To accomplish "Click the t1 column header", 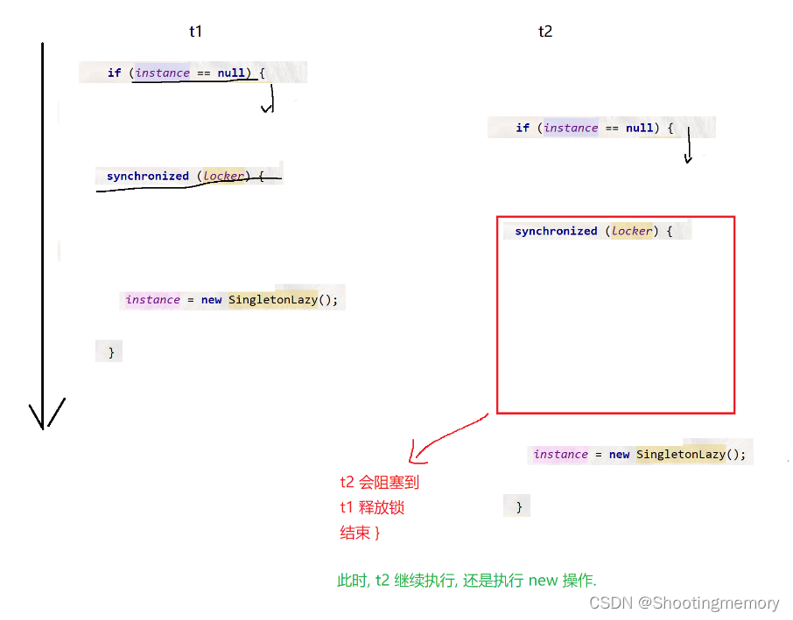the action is coord(195,31).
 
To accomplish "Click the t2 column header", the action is coord(545,31).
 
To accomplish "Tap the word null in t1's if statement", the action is coord(231,73).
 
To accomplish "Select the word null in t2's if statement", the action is coord(640,128).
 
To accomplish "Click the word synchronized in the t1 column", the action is coord(147,177).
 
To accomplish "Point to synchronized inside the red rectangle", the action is coord(556,232).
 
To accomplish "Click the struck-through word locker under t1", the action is coord(223,177).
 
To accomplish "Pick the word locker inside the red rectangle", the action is coord(632,232).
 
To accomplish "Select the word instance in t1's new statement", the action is coord(152,300).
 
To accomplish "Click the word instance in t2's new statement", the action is coord(560,455).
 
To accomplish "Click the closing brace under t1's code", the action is coord(110,352).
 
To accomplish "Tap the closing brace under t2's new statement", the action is coord(519,507).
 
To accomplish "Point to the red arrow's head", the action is coord(413,459).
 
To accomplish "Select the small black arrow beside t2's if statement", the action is coord(688,150).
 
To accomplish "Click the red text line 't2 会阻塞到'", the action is coord(380,482).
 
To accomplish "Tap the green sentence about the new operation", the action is coord(467,580).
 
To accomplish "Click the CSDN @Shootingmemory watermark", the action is coord(684,603).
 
